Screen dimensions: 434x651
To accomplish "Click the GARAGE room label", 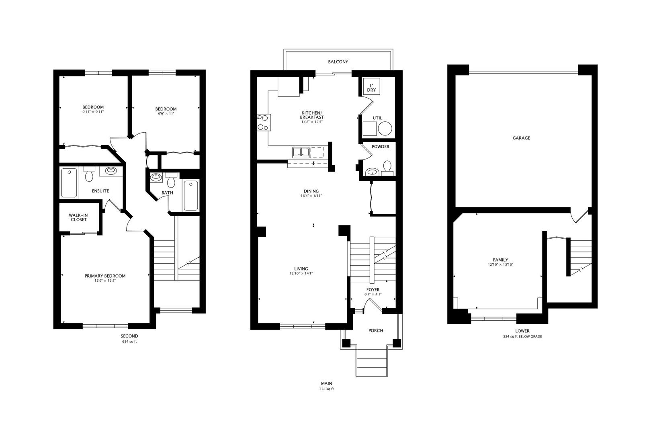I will pyautogui.click(x=521, y=138).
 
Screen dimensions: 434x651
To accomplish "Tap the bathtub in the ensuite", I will pyautogui.click(x=69, y=183).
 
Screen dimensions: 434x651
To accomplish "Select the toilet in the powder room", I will pyautogui.click(x=388, y=167).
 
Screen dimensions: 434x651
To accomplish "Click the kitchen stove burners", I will pyautogui.click(x=263, y=122).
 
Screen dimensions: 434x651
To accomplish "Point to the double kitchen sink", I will pyautogui.click(x=301, y=152).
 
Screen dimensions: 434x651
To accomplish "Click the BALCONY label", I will pyautogui.click(x=338, y=62).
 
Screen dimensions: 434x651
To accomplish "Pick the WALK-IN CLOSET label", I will pyautogui.click(x=79, y=217).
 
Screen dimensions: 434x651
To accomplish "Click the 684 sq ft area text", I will pyautogui.click(x=129, y=342).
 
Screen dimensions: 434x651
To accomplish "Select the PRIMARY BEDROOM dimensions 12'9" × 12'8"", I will pyautogui.click(x=105, y=280).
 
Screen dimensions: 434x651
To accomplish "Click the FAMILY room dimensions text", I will pyautogui.click(x=500, y=264).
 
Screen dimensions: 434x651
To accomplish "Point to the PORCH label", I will pyautogui.click(x=376, y=331).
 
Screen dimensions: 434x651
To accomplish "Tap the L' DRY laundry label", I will pyautogui.click(x=371, y=88).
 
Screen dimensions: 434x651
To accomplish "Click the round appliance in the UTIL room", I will pyautogui.click(x=385, y=129).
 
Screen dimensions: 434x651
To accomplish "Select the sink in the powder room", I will pyautogui.click(x=373, y=172).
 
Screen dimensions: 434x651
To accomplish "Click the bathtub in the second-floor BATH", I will pyautogui.click(x=191, y=196).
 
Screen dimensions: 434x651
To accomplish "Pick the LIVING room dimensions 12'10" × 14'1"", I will pyautogui.click(x=301, y=273).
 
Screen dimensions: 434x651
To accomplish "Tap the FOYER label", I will pyautogui.click(x=373, y=290).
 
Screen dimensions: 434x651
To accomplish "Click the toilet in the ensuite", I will pyautogui.click(x=89, y=175).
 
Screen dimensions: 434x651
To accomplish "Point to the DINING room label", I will pyautogui.click(x=311, y=191).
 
